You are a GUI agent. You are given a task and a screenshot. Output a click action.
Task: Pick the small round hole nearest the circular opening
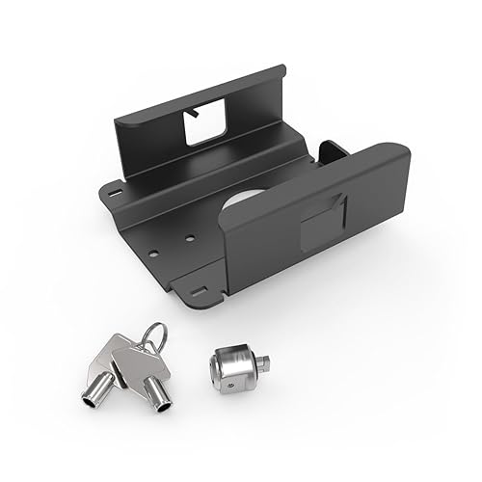[192, 237]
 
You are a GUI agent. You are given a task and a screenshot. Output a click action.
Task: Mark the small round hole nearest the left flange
[152, 254]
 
